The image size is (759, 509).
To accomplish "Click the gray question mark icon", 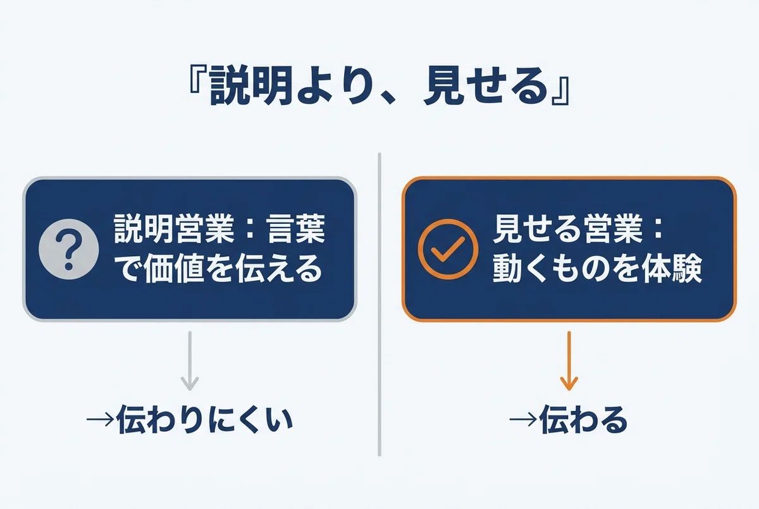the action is [69, 249].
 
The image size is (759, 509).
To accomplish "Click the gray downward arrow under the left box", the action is [190, 361].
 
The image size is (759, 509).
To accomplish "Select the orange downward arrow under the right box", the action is [569, 361].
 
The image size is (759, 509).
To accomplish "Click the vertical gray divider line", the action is [379, 305].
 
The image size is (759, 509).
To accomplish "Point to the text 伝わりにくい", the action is [205, 420].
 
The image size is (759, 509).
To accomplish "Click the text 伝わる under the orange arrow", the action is [583, 420].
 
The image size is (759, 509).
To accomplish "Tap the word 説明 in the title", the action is [251, 86].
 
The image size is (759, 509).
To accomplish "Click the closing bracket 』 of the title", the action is [561, 90].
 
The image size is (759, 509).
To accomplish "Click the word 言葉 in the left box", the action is [296, 229].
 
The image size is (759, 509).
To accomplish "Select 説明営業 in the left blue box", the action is [174, 229].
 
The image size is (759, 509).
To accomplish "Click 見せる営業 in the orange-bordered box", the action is [567, 229].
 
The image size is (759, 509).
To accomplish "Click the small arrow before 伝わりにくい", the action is [101, 420].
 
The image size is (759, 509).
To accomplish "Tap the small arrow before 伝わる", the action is [524, 420].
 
